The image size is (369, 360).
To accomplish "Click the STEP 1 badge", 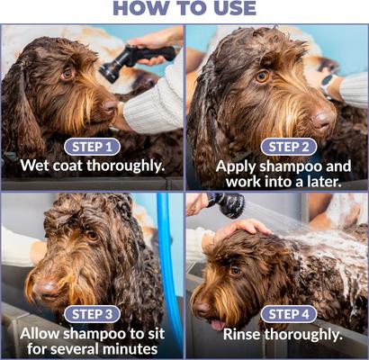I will pos(92,147).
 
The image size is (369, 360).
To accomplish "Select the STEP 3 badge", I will pos(92,314).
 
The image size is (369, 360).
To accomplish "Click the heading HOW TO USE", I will pos(184,10).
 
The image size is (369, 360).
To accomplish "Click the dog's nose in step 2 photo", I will pos(322,118).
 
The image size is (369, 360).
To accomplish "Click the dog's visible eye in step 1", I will pos(67,73).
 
